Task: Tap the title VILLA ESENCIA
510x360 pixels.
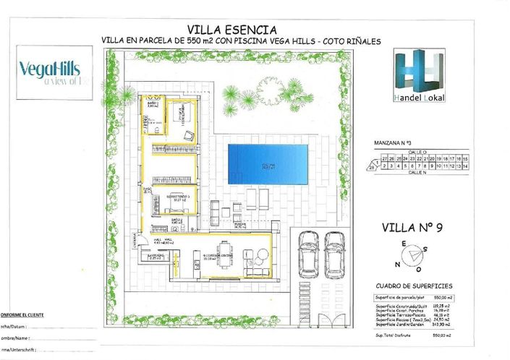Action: coord(231,30)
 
